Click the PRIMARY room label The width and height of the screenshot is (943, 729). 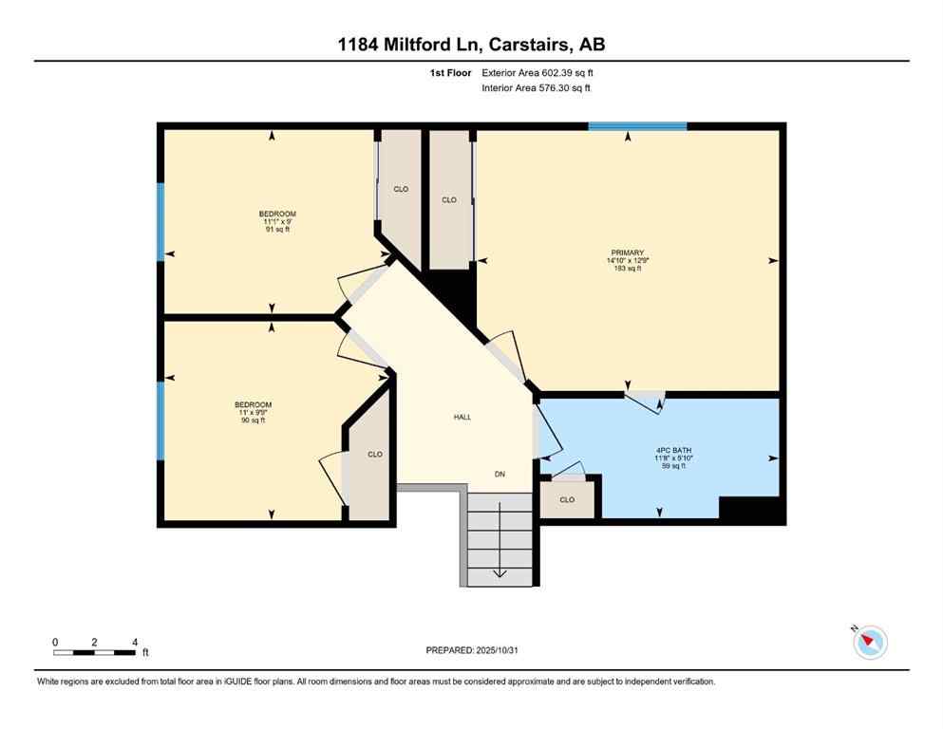pyautogui.click(x=626, y=252)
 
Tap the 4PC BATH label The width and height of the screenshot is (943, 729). pyautogui.click(x=661, y=449)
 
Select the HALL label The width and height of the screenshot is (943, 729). pyautogui.click(x=462, y=417)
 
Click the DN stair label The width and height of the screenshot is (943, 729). pyautogui.click(x=500, y=474)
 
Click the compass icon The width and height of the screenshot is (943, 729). pyautogui.click(x=869, y=643)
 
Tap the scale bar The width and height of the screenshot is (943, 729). pyautogui.click(x=95, y=652)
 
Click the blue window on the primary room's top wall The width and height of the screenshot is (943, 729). pyautogui.click(x=637, y=125)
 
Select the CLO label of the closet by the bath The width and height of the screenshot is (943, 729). pyautogui.click(x=567, y=499)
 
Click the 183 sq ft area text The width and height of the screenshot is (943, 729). pyautogui.click(x=626, y=269)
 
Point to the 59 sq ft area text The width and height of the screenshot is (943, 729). pyautogui.click(x=661, y=465)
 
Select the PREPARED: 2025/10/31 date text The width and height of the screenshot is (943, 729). pyautogui.click(x=471, y=650)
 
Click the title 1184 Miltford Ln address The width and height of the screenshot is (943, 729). pyautogui.click(x=471, y=44)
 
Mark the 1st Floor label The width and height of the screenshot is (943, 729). pyautogui.click(x=449, y=72)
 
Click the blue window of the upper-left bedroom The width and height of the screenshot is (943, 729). pyautogui.click(x=160, y=221)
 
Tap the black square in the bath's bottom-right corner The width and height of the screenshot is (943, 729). pyautogui.click(x=751, y=510)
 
